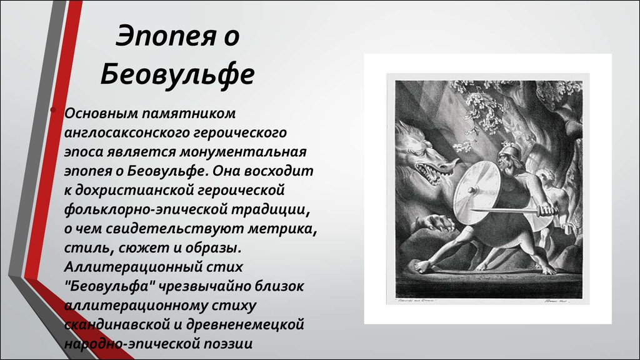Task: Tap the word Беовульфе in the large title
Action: [177, 74]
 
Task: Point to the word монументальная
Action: [243, 152]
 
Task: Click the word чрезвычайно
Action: [204, 286]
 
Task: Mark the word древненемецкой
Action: [245, 325]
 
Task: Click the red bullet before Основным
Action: [53, 110]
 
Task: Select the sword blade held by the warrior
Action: [504, 211]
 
